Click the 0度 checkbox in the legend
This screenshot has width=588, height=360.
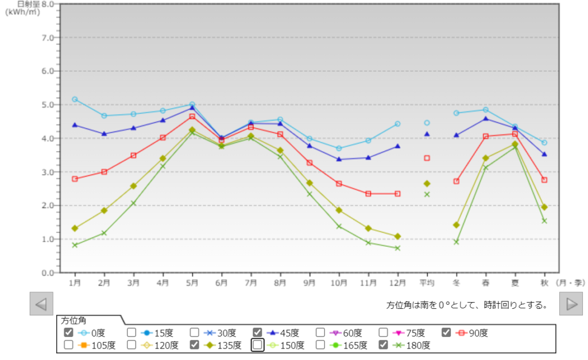68,332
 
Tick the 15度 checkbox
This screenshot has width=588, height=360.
131,332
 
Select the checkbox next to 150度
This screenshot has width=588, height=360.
258,345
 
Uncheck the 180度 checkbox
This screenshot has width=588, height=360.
384,345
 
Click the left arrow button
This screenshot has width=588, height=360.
41,304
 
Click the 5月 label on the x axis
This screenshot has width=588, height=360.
192,283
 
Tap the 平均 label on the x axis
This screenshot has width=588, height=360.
427,283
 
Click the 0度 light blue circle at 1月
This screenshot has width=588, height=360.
75,99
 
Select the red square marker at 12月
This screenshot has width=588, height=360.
397,193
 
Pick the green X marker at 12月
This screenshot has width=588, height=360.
397,248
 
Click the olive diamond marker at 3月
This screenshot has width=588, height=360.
133,186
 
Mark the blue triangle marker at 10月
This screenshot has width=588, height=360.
339,159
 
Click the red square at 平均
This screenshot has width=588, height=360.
427,158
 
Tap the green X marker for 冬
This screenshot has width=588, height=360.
457,242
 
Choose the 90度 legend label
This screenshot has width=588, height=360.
479,332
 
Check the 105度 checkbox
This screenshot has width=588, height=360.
68,345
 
